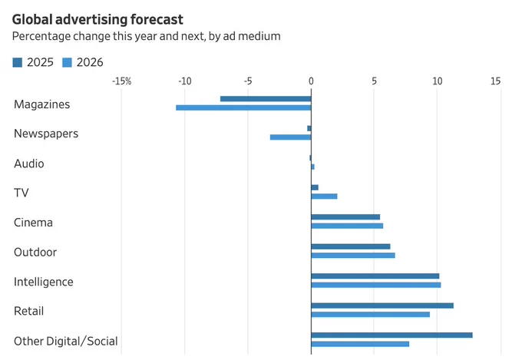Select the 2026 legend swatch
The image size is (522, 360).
coord(68,63)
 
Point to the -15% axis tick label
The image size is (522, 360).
coord(121,81)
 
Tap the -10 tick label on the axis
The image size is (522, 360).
coord(184,81)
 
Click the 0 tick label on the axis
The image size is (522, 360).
coord(311,81)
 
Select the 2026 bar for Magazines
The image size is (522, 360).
coord(243,107)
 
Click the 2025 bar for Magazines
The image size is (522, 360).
coord(266,98)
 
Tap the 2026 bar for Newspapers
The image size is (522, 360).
coord(290,137)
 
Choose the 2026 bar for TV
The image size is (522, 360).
coord(324,197)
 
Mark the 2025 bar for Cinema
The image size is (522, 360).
coord(345,217)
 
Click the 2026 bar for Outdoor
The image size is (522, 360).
coord(353,256)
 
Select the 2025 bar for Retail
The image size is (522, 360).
coord(382,306)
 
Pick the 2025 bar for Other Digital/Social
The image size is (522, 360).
coord(391,335)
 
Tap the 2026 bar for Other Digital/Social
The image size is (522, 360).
coord(360,344)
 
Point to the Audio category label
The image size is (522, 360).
coord(29,163)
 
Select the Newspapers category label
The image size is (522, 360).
coord(46,134)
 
